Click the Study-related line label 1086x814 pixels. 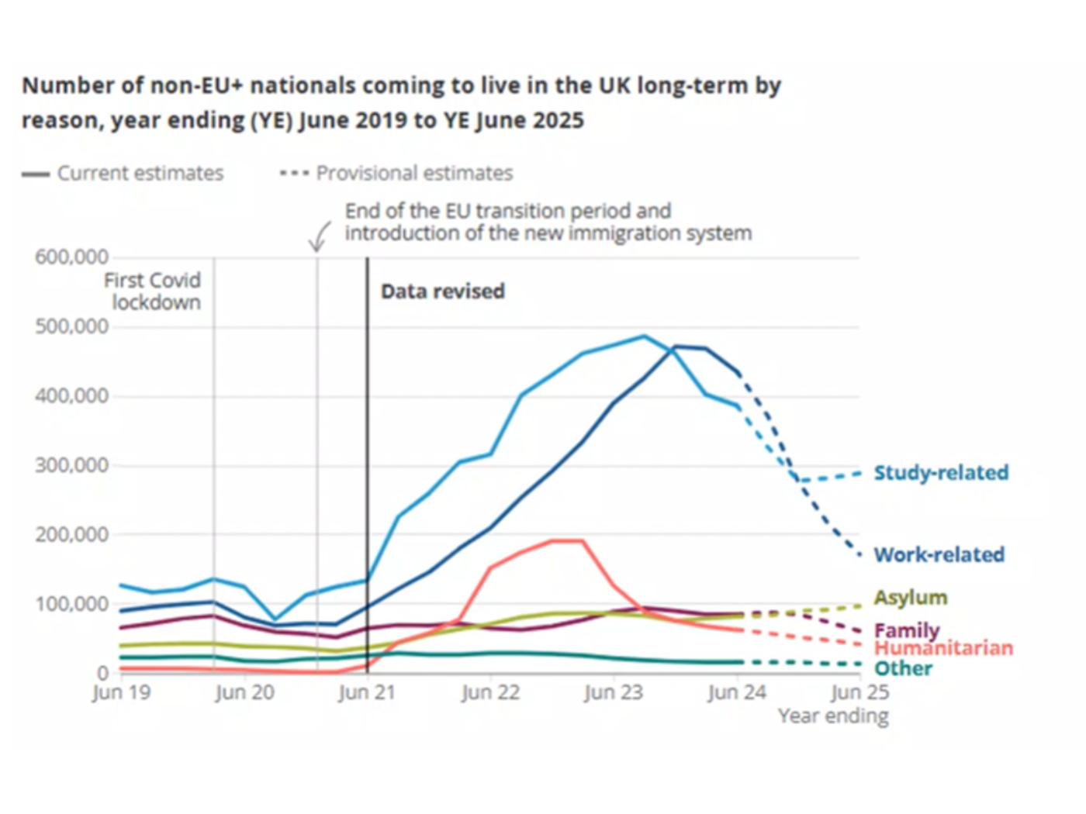tap(941, 473)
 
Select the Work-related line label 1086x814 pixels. tap(939, 555)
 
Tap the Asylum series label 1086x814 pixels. tap(910, 598)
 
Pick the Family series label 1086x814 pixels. tap(906, 630)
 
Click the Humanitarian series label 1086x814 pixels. tap(943, 648)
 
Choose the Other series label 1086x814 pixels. tap(903, 669)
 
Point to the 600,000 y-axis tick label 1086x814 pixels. tap(71, 257)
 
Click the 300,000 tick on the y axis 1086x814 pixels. tap(71, 465)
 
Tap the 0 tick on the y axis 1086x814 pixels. tap(102, 673)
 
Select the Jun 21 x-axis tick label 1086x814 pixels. tap(367, 692)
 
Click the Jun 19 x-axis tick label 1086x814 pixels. tap(121, 692)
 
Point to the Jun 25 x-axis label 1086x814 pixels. tap(859, 692)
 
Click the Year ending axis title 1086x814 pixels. tap(833, 716)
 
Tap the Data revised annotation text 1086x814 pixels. tap(442, 291)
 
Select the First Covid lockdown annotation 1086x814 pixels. tap(153, 291)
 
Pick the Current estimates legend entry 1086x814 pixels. tap(123, 173)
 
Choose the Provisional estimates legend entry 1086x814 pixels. tap(396, 173)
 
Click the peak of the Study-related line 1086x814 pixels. tap(644, 336)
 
